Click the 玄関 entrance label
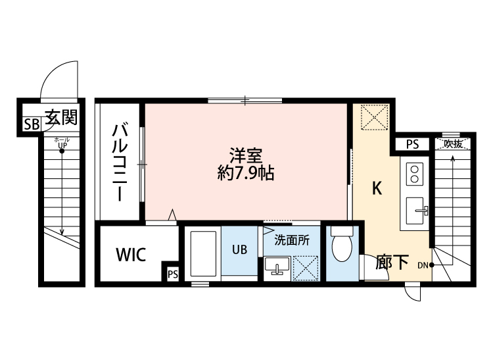[x=61, y=118]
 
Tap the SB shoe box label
[x=31, y=124]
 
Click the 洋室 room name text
[x=246, y=156]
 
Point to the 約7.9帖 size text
[x=246, y=174]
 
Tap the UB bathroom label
[x=239, y=250]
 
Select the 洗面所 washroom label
[x=292, y=240]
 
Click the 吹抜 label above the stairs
[x=453, y=143]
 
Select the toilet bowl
[x=342, y=249]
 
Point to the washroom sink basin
[x=277, y=266]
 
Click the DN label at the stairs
[x=423, y=265]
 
